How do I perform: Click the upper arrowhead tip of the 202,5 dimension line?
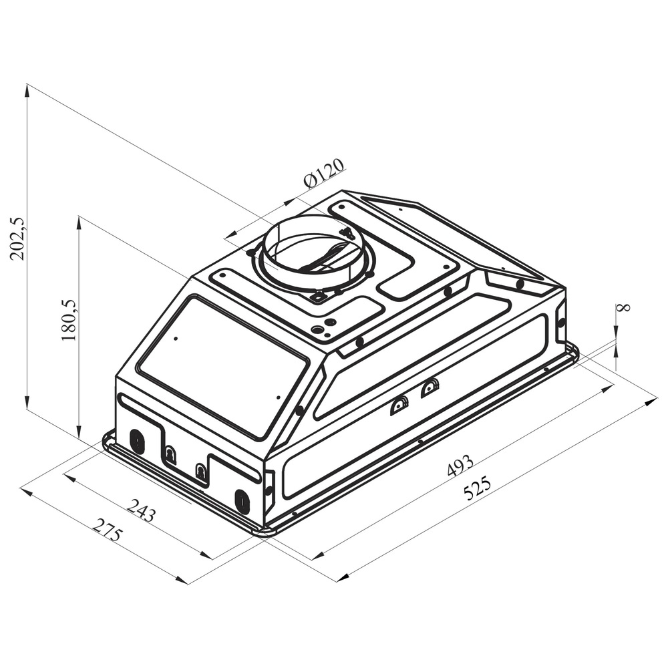click(27, 84)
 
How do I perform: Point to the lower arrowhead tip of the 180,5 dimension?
click(79, 438)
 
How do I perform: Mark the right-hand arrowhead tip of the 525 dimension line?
click(657, 399)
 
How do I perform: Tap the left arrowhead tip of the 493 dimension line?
click(312, 559)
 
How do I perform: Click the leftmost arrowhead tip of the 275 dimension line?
click(21, 489)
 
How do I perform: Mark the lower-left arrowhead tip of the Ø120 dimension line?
click(224, 238)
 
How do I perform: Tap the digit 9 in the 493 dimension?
click(460, 465)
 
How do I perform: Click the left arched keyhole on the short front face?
click(170, 454)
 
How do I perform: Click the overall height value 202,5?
click(19, 238)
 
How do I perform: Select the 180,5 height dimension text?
click(69, 320)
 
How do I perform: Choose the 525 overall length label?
click(478, 489)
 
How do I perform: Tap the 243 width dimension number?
click(140, 510)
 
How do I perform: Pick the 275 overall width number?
click(107, 530)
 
